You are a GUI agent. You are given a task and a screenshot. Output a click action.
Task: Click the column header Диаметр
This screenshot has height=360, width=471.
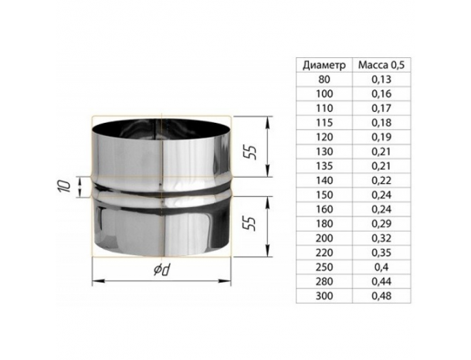tap(324, 65)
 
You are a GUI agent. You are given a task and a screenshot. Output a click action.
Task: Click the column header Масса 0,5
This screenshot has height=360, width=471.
tap(381, 65)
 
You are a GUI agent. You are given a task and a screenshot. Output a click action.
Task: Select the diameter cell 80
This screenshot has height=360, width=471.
tap(324, 80)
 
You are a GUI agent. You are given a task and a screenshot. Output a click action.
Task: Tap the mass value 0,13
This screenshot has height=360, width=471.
tap(381, 80)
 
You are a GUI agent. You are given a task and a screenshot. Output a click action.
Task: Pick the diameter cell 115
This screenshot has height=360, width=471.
tap(324, 123)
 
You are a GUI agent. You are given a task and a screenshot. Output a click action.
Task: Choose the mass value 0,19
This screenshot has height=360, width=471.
tap(381, 137)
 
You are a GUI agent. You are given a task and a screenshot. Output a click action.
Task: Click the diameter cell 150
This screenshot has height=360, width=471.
tap(324, 195)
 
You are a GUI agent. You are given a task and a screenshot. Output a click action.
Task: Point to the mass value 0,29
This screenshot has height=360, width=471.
tap(381, 223)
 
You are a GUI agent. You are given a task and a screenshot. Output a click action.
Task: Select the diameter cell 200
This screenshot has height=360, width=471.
tap(324, 238)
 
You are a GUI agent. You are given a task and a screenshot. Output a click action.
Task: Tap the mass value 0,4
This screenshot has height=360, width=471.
tap(381, 267)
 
